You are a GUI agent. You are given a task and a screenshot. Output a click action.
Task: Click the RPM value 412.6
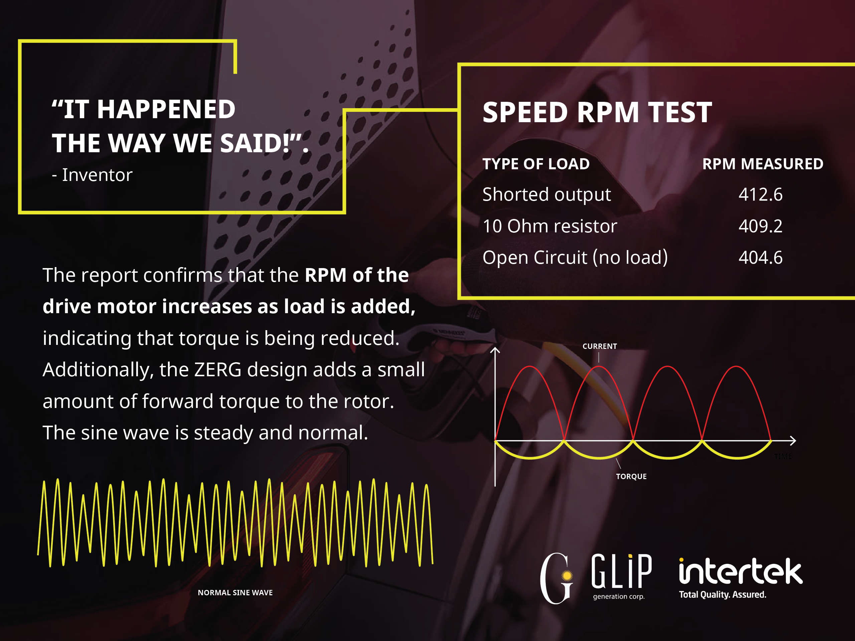760,194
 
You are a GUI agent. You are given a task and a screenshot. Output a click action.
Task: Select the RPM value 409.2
760,226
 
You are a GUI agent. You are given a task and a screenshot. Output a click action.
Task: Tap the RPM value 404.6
760,258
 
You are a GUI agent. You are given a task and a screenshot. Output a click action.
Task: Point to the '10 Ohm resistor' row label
550,226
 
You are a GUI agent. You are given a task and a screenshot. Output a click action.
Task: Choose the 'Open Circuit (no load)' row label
575,258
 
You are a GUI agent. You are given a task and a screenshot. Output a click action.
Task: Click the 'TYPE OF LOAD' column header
536,164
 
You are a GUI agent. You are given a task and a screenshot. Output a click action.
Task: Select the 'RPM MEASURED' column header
762,164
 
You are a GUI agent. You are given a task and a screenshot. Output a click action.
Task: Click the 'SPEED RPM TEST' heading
597,113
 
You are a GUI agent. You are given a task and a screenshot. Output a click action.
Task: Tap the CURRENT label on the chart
600,346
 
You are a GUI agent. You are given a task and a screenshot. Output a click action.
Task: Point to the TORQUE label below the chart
631,476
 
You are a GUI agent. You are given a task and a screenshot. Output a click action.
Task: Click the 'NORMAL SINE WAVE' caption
235,593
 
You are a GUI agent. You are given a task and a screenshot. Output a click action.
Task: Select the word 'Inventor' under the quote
97,175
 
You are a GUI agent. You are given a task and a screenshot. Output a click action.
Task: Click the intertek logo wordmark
740,571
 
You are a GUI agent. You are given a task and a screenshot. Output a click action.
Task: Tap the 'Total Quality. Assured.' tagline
722,595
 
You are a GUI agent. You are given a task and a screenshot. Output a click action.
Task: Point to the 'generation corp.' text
619,597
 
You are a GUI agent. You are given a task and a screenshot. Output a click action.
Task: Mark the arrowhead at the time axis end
793,440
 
